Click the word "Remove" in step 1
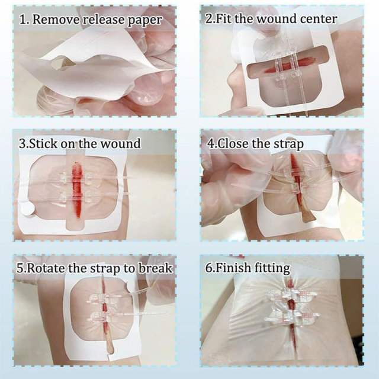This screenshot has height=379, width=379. coord(56,20)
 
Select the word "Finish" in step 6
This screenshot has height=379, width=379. coord(233,268)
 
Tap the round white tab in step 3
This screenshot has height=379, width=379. coord(27,208)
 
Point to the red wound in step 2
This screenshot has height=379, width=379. coord(285,66)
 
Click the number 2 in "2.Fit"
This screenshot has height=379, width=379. coord(208,20)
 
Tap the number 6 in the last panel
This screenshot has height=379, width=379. coord(208,268)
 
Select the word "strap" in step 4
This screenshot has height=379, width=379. coord(288,144)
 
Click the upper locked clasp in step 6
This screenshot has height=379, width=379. coord(292,294)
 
